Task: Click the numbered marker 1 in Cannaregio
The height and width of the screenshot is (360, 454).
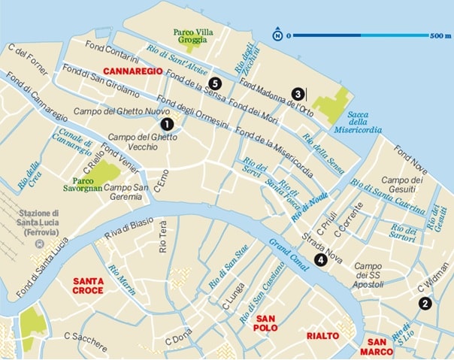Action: click(167, 123)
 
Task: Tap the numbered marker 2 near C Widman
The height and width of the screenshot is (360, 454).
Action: click(425, 304)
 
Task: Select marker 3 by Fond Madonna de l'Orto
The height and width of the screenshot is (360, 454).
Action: click(298, 94)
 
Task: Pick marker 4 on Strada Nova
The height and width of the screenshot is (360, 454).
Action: click(321, 260)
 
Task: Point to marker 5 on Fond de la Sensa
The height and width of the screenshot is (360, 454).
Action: click(216, 83)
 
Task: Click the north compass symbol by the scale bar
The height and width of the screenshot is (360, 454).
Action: click(277, 35)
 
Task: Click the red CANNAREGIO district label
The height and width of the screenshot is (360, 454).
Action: click(133, 71)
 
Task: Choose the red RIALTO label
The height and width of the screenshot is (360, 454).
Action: click(320, 335)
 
